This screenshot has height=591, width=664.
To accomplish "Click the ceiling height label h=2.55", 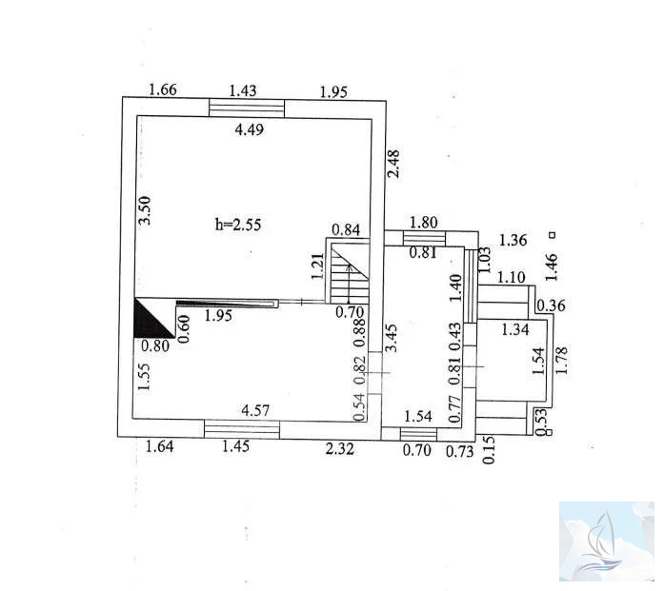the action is tap(238, 224).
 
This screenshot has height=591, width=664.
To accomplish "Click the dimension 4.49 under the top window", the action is tap(250, 129).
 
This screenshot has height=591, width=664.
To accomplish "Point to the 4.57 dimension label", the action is tap(255, 410).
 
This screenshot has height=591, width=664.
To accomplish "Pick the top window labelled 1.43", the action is tap(247, 108).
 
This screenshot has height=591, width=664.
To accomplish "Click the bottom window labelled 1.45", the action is tap(242, 428).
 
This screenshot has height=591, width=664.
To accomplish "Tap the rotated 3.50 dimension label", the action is tap(145, 210).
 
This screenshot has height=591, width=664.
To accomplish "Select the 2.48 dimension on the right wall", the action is tap(393, 164).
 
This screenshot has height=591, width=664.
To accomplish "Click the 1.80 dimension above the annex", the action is tap(424, 222).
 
